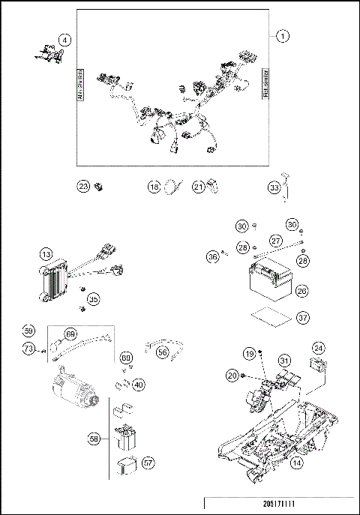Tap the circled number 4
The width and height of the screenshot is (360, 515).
(65, 40)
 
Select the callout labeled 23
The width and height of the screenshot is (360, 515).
(84, 187)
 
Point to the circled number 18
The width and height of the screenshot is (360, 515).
(154, 187)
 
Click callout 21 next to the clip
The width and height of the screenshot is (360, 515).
(198, 187)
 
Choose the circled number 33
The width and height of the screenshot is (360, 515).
(274, 187)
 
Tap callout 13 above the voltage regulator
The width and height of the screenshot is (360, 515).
(46, 256)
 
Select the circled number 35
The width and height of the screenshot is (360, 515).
(93, 298)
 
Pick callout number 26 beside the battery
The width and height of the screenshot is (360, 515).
(301, 289)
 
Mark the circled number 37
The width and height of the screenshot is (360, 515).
(301, 318)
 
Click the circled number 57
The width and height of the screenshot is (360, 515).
(148, 464)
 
